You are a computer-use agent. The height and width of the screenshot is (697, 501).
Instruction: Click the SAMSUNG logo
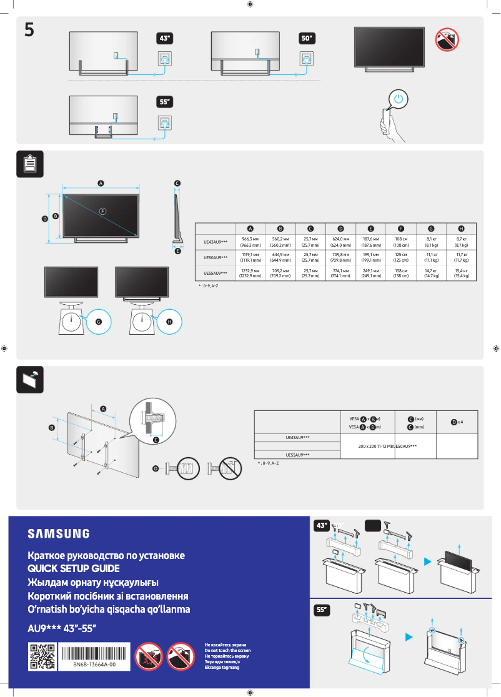click(x=58, y=533)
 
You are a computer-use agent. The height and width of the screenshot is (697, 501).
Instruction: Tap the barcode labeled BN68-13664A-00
click(x=95, y=655)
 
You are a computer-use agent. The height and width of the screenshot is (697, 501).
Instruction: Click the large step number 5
click(x=29, y=29)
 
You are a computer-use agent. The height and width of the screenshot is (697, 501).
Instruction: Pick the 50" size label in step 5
click(x=306, y=39)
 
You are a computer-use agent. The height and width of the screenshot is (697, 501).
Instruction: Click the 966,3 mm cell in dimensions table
click(x=250, y=242)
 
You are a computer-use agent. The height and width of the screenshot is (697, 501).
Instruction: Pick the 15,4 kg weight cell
click(x=461, y=273)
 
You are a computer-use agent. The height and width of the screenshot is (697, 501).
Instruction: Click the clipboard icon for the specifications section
click(x=29, y=164)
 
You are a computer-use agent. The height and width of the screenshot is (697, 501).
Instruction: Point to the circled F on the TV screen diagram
click(x=102, y=210)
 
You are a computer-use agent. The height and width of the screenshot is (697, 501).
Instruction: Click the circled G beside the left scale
click(x=98, y=321)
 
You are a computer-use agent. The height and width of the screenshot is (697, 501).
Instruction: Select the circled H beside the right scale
click(x=169, y=321)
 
